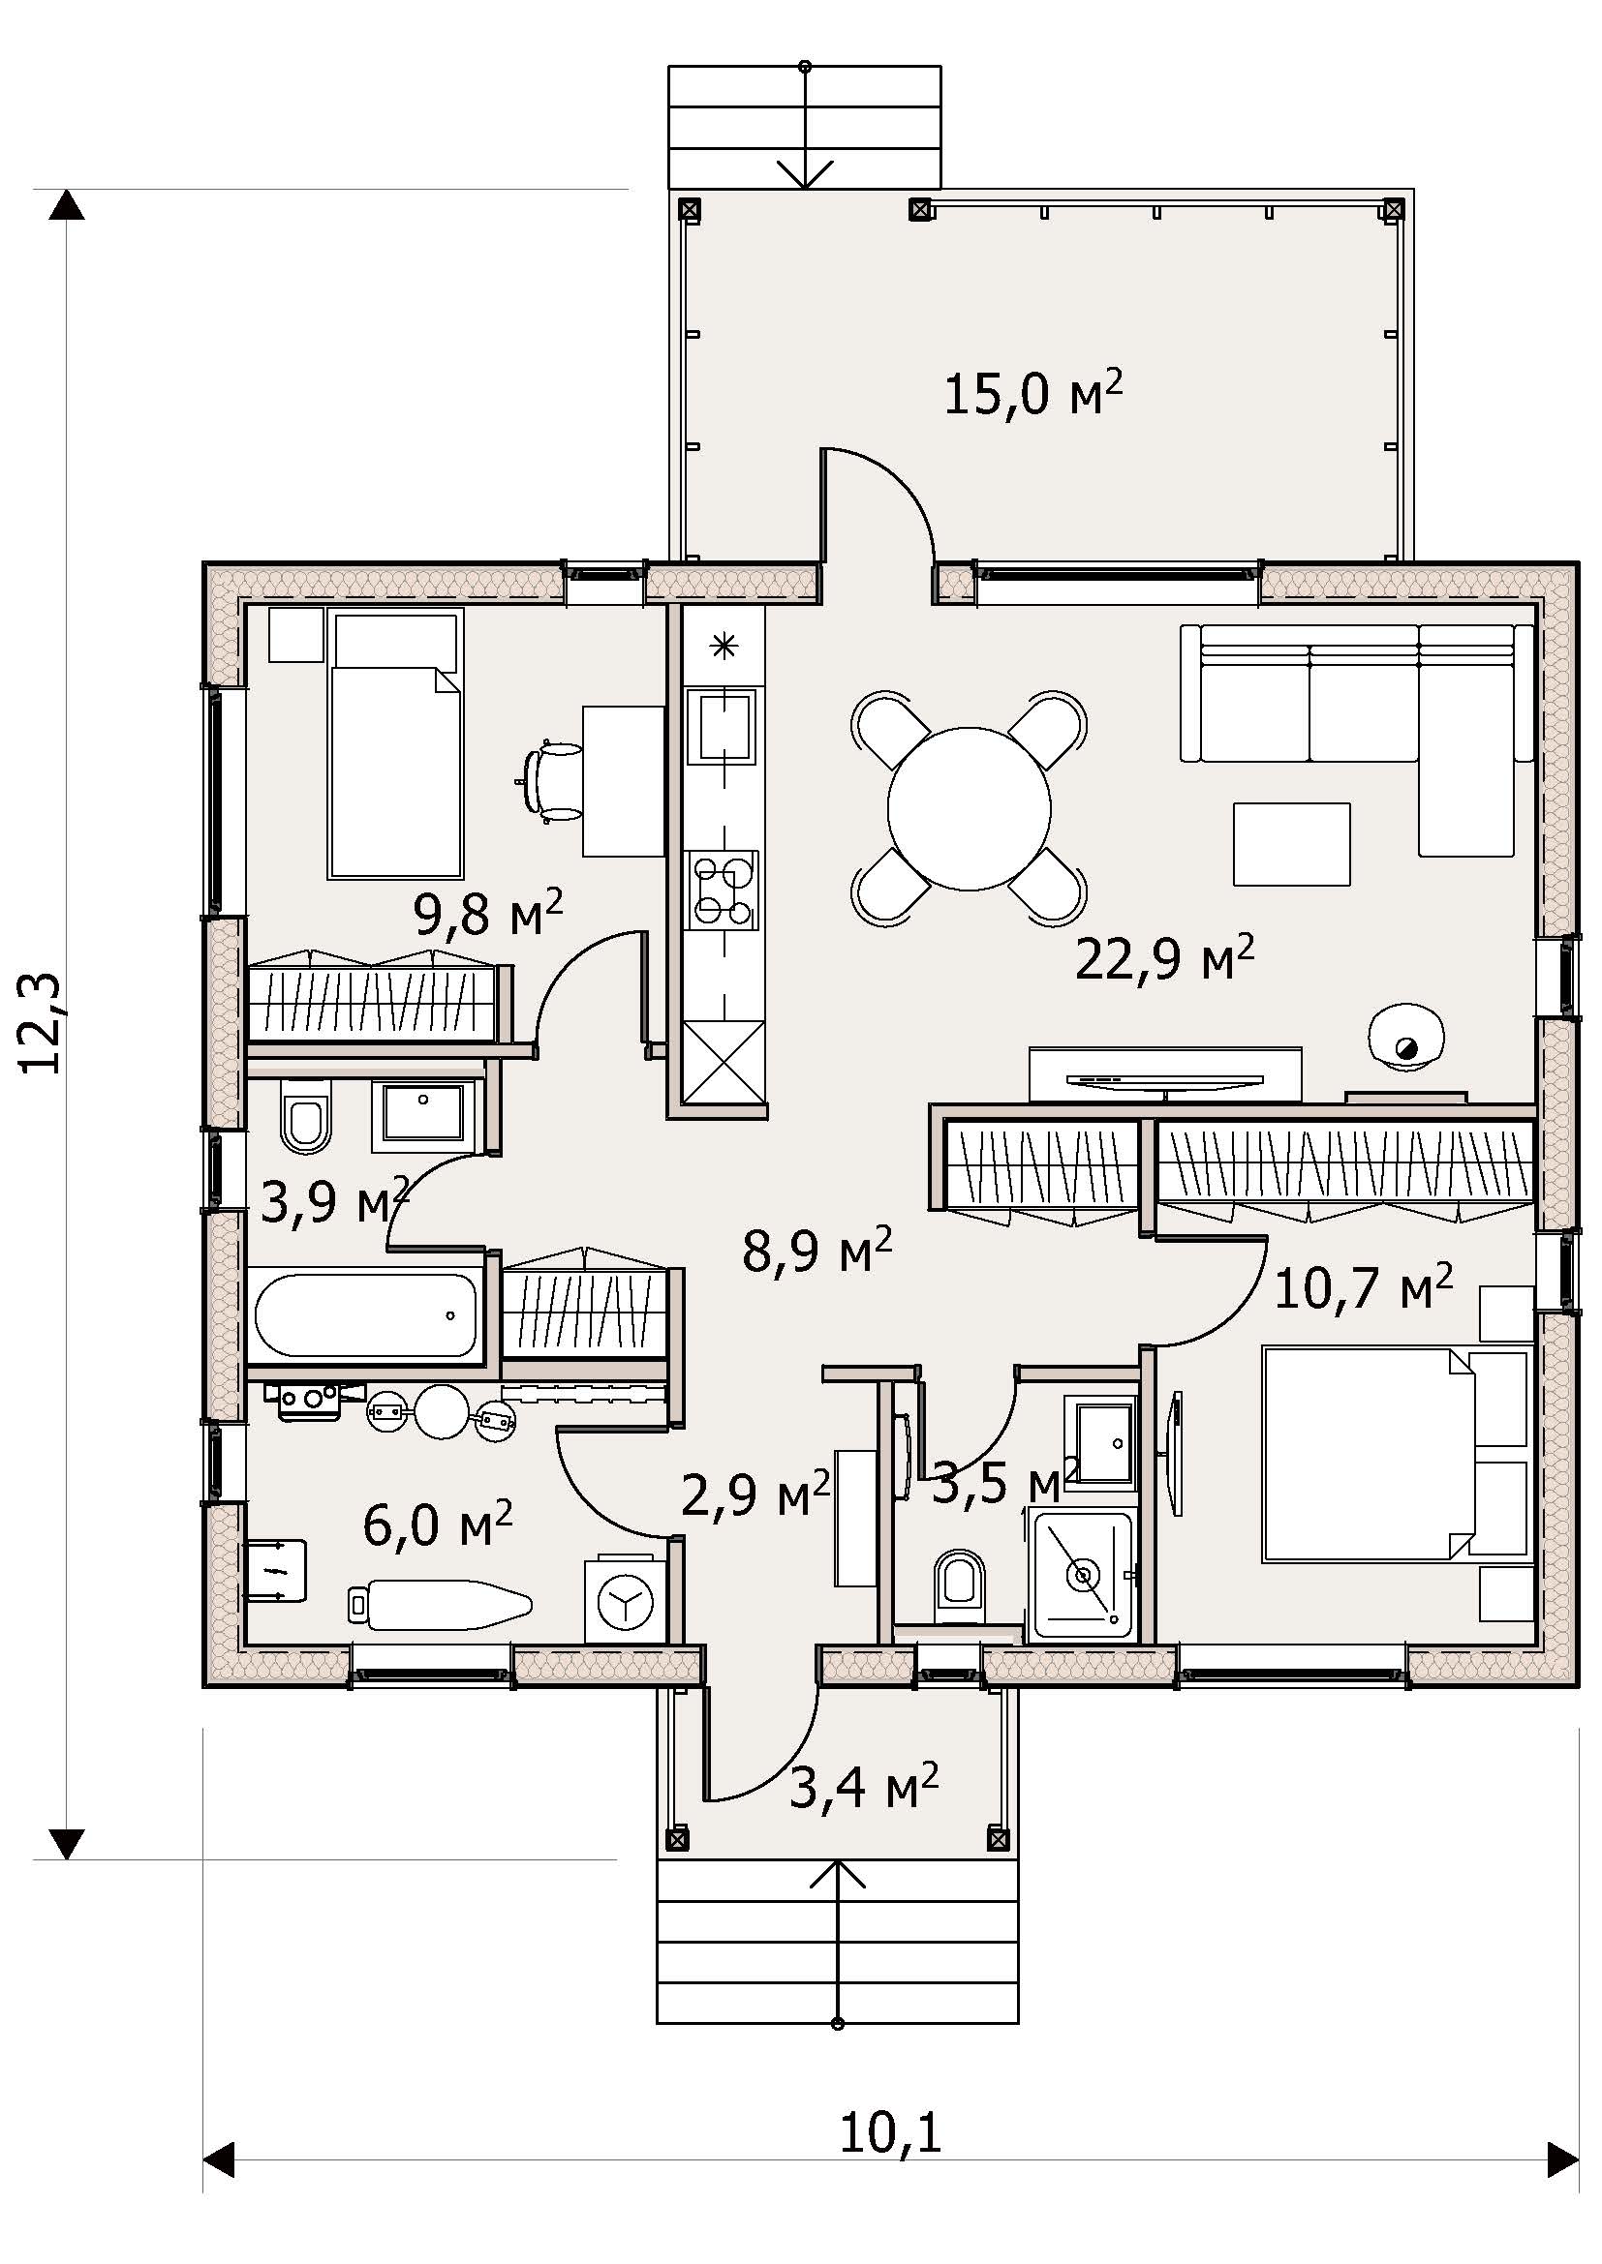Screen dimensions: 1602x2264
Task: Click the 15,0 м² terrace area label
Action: pos(1032,392)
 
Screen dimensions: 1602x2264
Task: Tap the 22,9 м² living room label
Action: pos(1164,957)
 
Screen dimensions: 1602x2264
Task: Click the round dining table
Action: pos(969,808)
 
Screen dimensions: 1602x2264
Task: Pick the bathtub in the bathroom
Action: pos(366,1316)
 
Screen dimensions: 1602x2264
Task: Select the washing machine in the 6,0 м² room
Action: pos(626,1600)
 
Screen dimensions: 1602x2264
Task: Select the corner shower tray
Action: pos(1083,1575)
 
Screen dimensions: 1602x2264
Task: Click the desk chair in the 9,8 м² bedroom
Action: pos(551,782)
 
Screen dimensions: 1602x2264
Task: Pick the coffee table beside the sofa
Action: pos(1291,843)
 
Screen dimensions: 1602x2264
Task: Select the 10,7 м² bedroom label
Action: pos(1364,1286)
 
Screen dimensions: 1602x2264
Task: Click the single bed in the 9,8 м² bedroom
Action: pos(395,744)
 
